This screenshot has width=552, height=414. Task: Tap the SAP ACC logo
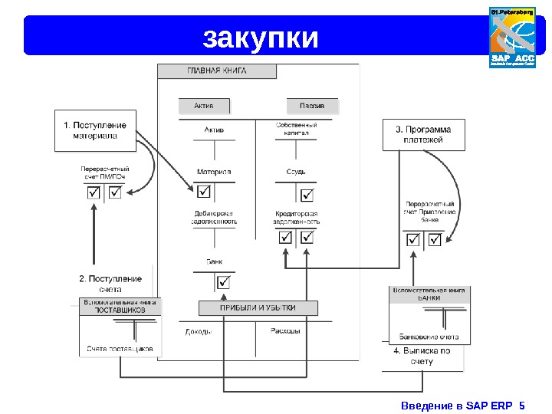click(x=511, y=37)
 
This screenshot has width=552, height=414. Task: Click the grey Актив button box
click(x=204, y=105)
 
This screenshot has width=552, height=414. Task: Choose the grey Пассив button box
click(x=312, y=105)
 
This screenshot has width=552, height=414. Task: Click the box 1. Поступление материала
click(x=95, y=130)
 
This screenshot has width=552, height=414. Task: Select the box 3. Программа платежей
click(x=422, y=135)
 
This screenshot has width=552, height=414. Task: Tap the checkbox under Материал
click(x=205, y=191)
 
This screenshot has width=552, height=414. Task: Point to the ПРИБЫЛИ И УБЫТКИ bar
click(x=258, y=308)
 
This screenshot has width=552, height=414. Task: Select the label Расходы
click(x=284, y=331)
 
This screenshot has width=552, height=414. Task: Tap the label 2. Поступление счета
click(x=110, y=284)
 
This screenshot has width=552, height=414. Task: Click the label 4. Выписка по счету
click(x=422, y=356)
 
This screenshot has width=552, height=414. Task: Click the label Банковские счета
click(x=429, y=336)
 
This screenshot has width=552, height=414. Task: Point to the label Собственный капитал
click(x=296, y=128)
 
